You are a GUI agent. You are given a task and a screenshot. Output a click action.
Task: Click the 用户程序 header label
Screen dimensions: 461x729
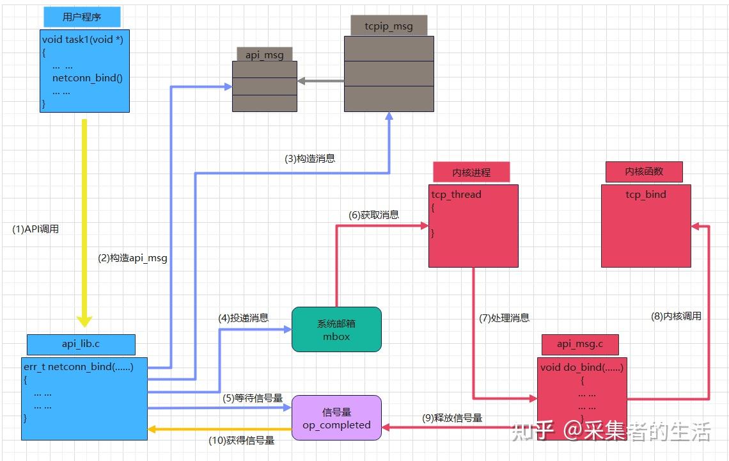82,17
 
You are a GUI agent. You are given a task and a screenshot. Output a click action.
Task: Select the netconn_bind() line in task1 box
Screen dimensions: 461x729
87,78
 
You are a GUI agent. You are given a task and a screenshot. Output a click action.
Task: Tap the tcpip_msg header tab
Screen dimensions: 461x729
389,26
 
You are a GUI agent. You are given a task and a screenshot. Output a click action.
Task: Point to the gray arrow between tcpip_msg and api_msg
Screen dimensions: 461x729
320,81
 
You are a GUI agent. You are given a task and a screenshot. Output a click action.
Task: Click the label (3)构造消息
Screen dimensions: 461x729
310,158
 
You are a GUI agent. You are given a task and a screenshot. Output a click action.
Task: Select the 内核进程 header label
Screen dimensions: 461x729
471,172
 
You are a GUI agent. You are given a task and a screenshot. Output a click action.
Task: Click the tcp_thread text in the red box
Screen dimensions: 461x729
456,195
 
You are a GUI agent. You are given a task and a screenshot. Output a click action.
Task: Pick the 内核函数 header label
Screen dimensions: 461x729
644,172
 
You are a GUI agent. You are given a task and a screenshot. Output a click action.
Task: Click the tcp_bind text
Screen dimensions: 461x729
645,195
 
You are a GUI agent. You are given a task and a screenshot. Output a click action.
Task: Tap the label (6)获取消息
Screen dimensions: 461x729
373,215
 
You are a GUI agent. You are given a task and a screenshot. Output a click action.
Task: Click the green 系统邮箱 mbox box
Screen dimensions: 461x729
336,329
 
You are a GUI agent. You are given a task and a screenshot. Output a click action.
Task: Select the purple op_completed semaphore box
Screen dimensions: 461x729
336,417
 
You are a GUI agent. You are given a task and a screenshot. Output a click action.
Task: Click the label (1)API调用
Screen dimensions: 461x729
36,229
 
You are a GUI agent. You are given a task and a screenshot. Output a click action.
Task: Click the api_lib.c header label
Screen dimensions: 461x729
81,344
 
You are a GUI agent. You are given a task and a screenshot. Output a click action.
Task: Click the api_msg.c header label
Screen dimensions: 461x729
579,344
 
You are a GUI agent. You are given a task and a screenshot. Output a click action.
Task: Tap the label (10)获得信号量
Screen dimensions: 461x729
241,440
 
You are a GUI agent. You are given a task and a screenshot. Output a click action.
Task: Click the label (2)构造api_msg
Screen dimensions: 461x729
132,258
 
